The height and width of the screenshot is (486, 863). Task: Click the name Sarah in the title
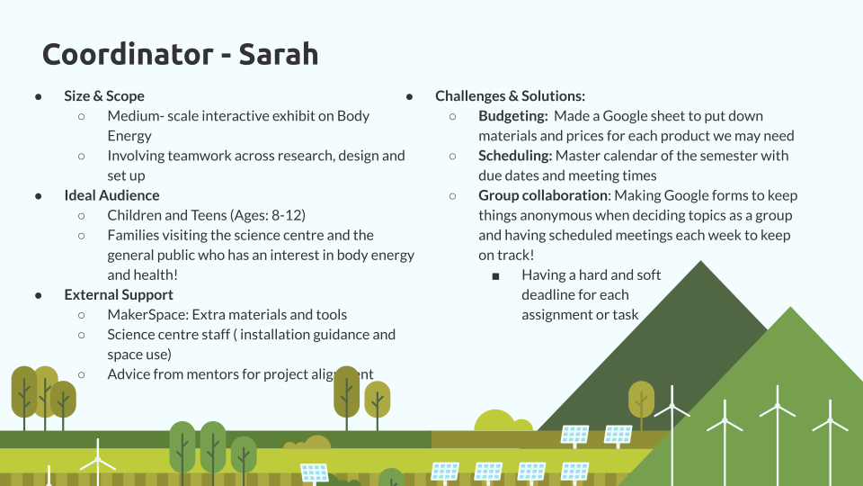click(x=279, y=54)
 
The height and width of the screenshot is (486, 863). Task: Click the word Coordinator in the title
click(x=128, y=54)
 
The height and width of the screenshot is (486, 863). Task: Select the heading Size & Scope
click(x=104, y=96)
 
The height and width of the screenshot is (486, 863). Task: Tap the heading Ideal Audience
click(x=111, y=195)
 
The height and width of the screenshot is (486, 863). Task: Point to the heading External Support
click(x=119, y=295)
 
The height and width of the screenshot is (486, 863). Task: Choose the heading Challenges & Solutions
click(x=511, y=96)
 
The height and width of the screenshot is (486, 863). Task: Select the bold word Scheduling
click(x=515, y=156)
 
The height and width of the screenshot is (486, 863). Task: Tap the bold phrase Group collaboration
click(x=543, y=195)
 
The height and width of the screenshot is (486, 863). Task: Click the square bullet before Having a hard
click(x=495, y=276)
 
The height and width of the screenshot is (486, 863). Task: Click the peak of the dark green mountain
click(x=700, y=262)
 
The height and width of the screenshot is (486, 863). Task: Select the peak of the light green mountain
click(x=791, y=308)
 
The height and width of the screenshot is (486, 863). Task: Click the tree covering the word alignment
click(x=346, y=397)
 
